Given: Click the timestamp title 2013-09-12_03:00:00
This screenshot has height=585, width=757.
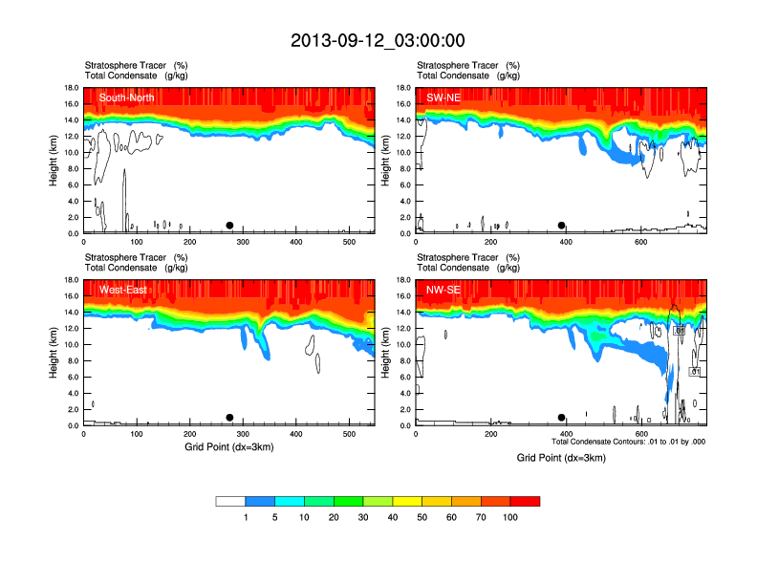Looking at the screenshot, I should click(378, 40).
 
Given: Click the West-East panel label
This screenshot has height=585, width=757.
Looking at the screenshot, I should click(123, 290).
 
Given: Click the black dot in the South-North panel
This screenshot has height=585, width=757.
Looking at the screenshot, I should click(229, 226).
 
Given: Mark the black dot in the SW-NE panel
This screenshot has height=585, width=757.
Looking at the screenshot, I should click(562, 226).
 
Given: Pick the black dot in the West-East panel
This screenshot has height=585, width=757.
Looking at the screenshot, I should click(229, 418).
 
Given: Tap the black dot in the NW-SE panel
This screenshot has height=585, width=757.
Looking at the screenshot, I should click(562, 418).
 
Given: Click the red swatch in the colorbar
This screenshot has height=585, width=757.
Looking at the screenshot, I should click(525, 501).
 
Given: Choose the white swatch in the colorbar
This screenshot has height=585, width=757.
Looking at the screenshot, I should click(230, 501).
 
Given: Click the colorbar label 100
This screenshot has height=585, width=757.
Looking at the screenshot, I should click(510, 517).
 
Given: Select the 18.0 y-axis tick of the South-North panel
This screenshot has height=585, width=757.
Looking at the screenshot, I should click(70, 88).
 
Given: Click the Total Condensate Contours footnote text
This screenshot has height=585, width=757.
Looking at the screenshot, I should click(628, 442).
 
